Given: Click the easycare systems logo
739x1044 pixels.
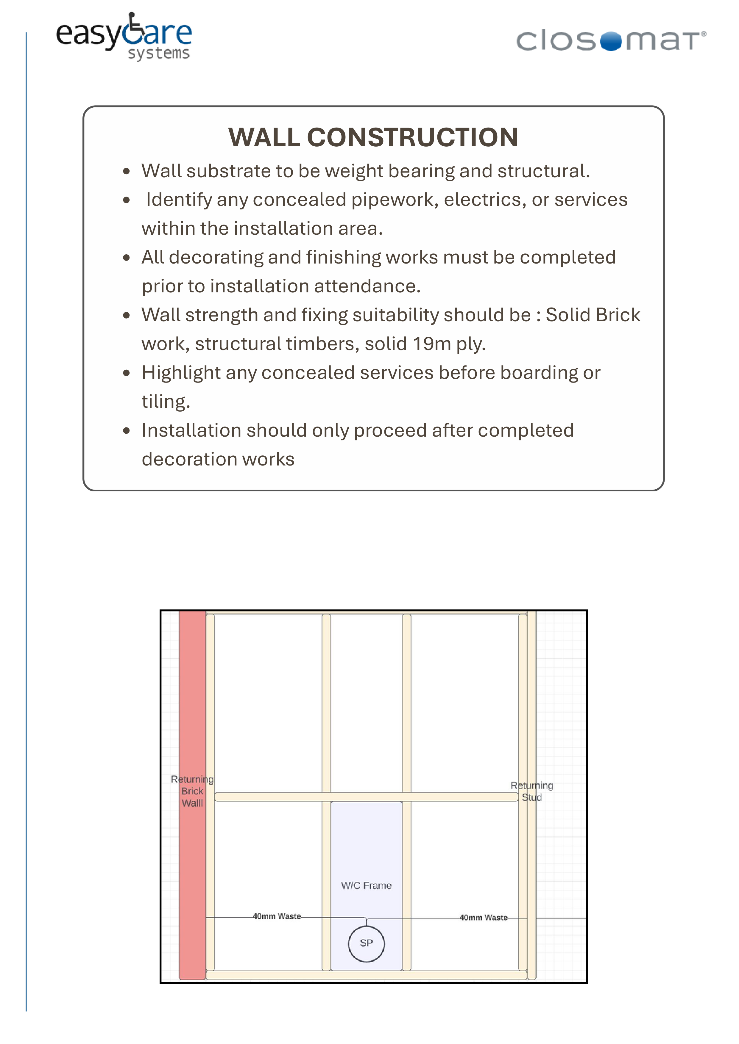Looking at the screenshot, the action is (124, 36).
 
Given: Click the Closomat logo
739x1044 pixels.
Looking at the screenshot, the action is (611, 41).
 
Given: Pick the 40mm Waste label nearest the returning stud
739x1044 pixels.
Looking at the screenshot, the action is (483, 918).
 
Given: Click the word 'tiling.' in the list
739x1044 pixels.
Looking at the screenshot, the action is (166, 402).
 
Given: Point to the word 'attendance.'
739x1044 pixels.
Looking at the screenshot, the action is (367, 286).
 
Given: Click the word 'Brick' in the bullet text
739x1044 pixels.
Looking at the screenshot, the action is (618, 315).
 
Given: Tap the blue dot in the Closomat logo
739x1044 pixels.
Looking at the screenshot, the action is (611, 41).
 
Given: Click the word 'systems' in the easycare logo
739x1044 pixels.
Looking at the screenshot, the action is (158, 54).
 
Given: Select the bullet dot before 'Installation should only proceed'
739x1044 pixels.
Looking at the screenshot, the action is (127, 431).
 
